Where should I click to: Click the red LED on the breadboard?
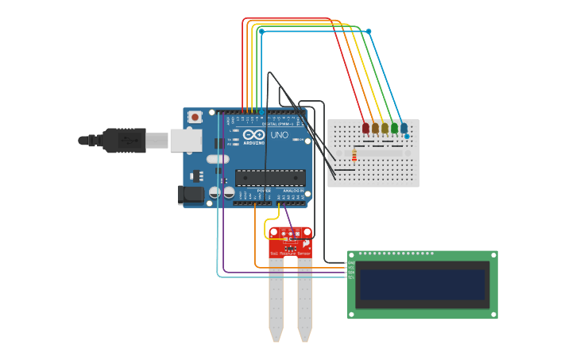[x=365, y=127]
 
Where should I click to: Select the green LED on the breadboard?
[x=394, y=127]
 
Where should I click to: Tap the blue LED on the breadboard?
[x=404, y=127]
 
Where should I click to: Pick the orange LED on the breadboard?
[x=375, y=127]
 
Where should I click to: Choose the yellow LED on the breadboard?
[x=385, y=127]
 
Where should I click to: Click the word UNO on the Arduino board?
[x=280, y=136]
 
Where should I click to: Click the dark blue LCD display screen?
[x=422, y=285]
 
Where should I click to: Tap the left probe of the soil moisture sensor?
[x=276, y=302]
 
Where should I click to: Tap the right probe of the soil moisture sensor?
[x=304, y=302]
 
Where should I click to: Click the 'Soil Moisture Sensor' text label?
[x=290, y=254]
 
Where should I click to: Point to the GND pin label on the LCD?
[x=351, y=262]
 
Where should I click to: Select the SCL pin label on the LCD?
[x=351, y=277]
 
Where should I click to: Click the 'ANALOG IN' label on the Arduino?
[x=292, y=191]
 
